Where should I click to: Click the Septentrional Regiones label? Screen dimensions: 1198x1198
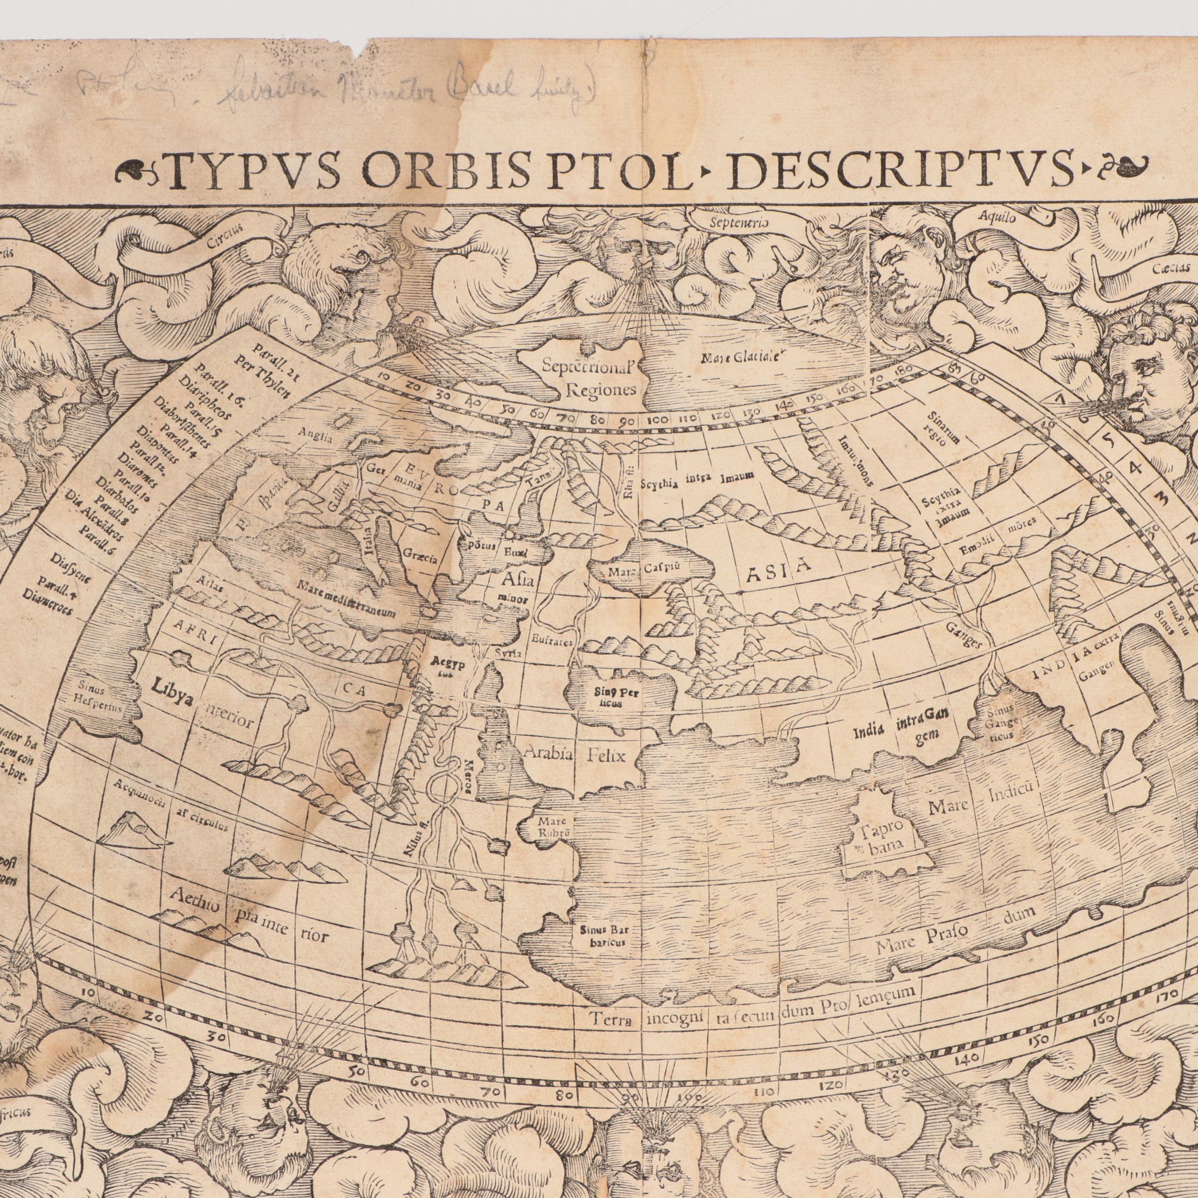589,379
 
